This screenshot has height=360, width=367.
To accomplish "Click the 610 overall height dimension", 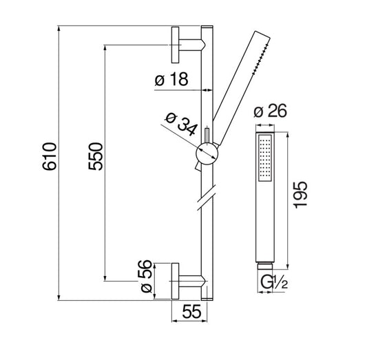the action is [50, 156].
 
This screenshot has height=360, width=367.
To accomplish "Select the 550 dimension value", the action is [96, 156].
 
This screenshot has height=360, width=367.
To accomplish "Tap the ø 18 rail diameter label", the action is [171, 79].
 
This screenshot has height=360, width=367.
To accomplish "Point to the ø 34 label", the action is [181, 124].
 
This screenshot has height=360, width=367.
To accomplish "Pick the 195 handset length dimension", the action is [300, 195].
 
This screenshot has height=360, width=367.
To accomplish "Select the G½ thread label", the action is [274, 282].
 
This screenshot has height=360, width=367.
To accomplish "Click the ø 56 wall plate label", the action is [146, 276].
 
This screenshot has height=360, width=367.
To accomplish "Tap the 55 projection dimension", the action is [191, 311].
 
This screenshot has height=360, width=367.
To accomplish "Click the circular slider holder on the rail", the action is [207, 154].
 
